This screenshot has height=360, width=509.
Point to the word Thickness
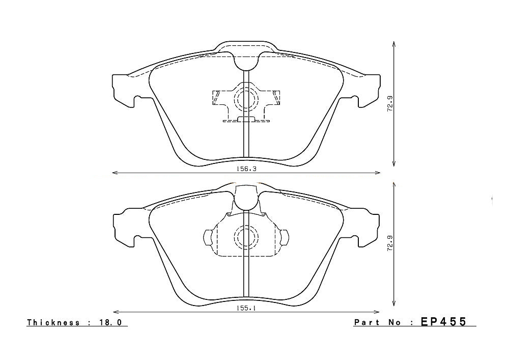coord(53,322)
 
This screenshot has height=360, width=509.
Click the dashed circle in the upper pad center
coord(246,98)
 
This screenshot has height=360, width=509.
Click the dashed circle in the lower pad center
coord(246,236)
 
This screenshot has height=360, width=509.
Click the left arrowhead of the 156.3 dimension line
coord(114,173)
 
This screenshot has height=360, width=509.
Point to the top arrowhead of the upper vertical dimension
coord(394,43)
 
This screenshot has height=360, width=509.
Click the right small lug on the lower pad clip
coord(285,237)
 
